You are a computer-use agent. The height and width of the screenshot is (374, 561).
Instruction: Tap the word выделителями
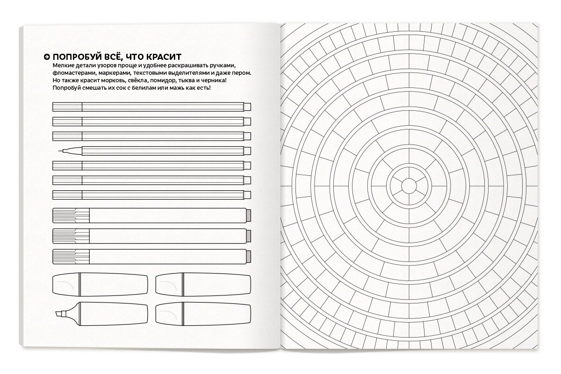(187, 73)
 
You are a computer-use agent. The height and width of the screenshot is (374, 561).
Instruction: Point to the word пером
(242, 73)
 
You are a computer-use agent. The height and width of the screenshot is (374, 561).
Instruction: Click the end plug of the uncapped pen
(248, 151)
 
